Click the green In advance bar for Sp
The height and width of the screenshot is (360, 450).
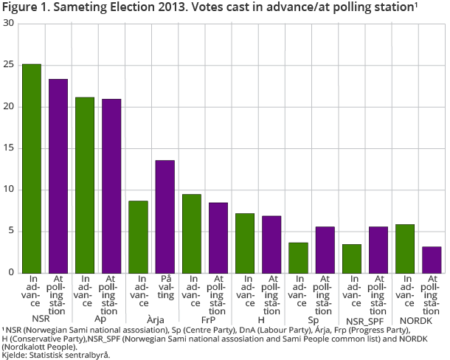pyautogui.click(x=298, y=257)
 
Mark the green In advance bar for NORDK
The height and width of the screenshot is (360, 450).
pyautogui.click(x=405, y=248)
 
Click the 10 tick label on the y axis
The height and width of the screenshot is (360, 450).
pyautogui.click(x=9, y=190)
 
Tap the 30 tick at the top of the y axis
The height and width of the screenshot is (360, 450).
pyautogui.click(x=9, y=24)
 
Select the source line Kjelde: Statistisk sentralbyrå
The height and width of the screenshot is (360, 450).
pyautogui.click(x=56, y=355)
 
